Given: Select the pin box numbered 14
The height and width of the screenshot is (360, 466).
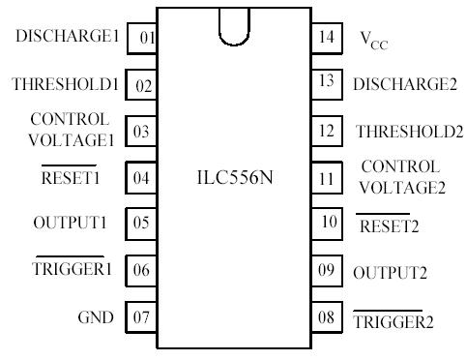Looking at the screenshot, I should [326, 39].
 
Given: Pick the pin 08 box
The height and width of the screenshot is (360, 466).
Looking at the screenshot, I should [326, 317].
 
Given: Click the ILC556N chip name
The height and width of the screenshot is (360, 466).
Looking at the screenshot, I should [235, 178].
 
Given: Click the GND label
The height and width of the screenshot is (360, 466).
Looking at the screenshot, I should [96, 317].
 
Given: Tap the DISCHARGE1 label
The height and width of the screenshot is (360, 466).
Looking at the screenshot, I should [69, 37].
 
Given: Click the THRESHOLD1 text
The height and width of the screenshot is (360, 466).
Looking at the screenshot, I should [65, 85].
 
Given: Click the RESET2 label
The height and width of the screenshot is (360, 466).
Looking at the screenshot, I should [390, 226].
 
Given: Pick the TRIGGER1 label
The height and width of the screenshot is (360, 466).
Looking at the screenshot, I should [76, 270].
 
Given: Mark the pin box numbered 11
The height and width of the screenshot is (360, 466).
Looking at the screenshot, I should [326, 178].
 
